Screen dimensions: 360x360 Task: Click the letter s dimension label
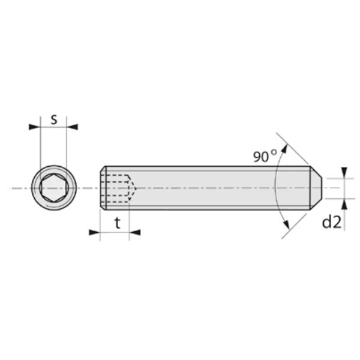tap(53, 119)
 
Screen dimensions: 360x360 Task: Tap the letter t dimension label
tap(118, 223)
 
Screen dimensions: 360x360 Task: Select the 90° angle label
tap(264, 157)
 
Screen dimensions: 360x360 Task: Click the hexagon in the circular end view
tap(53, 188)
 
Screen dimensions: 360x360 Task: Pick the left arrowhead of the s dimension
tap(34, 127)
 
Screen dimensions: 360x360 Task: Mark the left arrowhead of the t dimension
tap(94, 232)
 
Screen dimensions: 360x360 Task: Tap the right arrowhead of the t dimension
tap(134, 232)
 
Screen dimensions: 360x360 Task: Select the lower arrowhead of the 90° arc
tap(286, 226)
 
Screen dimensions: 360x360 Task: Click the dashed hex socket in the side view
tap(118, 188)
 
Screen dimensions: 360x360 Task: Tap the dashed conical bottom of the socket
tap(133, 188)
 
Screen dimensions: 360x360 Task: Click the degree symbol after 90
tap(274, 152)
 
